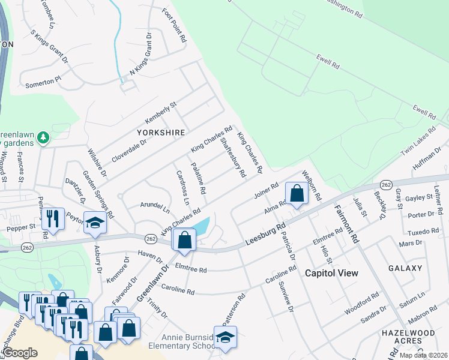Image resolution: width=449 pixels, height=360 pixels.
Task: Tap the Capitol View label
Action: point(331,273)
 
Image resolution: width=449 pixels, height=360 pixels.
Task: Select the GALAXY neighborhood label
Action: point(405,268)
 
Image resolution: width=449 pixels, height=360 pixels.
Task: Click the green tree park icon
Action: point(43,139)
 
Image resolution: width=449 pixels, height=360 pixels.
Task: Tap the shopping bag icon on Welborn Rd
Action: point(297,194)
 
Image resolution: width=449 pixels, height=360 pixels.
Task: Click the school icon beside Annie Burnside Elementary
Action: point(225,338)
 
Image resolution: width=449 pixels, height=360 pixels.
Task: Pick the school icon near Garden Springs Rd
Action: point(95,223)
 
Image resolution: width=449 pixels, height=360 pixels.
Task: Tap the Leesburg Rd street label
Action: point(265,235)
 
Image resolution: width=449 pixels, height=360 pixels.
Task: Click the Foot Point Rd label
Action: point(175,25)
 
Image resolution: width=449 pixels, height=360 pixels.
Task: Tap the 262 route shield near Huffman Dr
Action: point(387,184)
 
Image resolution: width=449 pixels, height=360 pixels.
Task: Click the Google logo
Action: point(20,353)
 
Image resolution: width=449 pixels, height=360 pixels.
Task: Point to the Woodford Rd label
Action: point(362,304)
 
